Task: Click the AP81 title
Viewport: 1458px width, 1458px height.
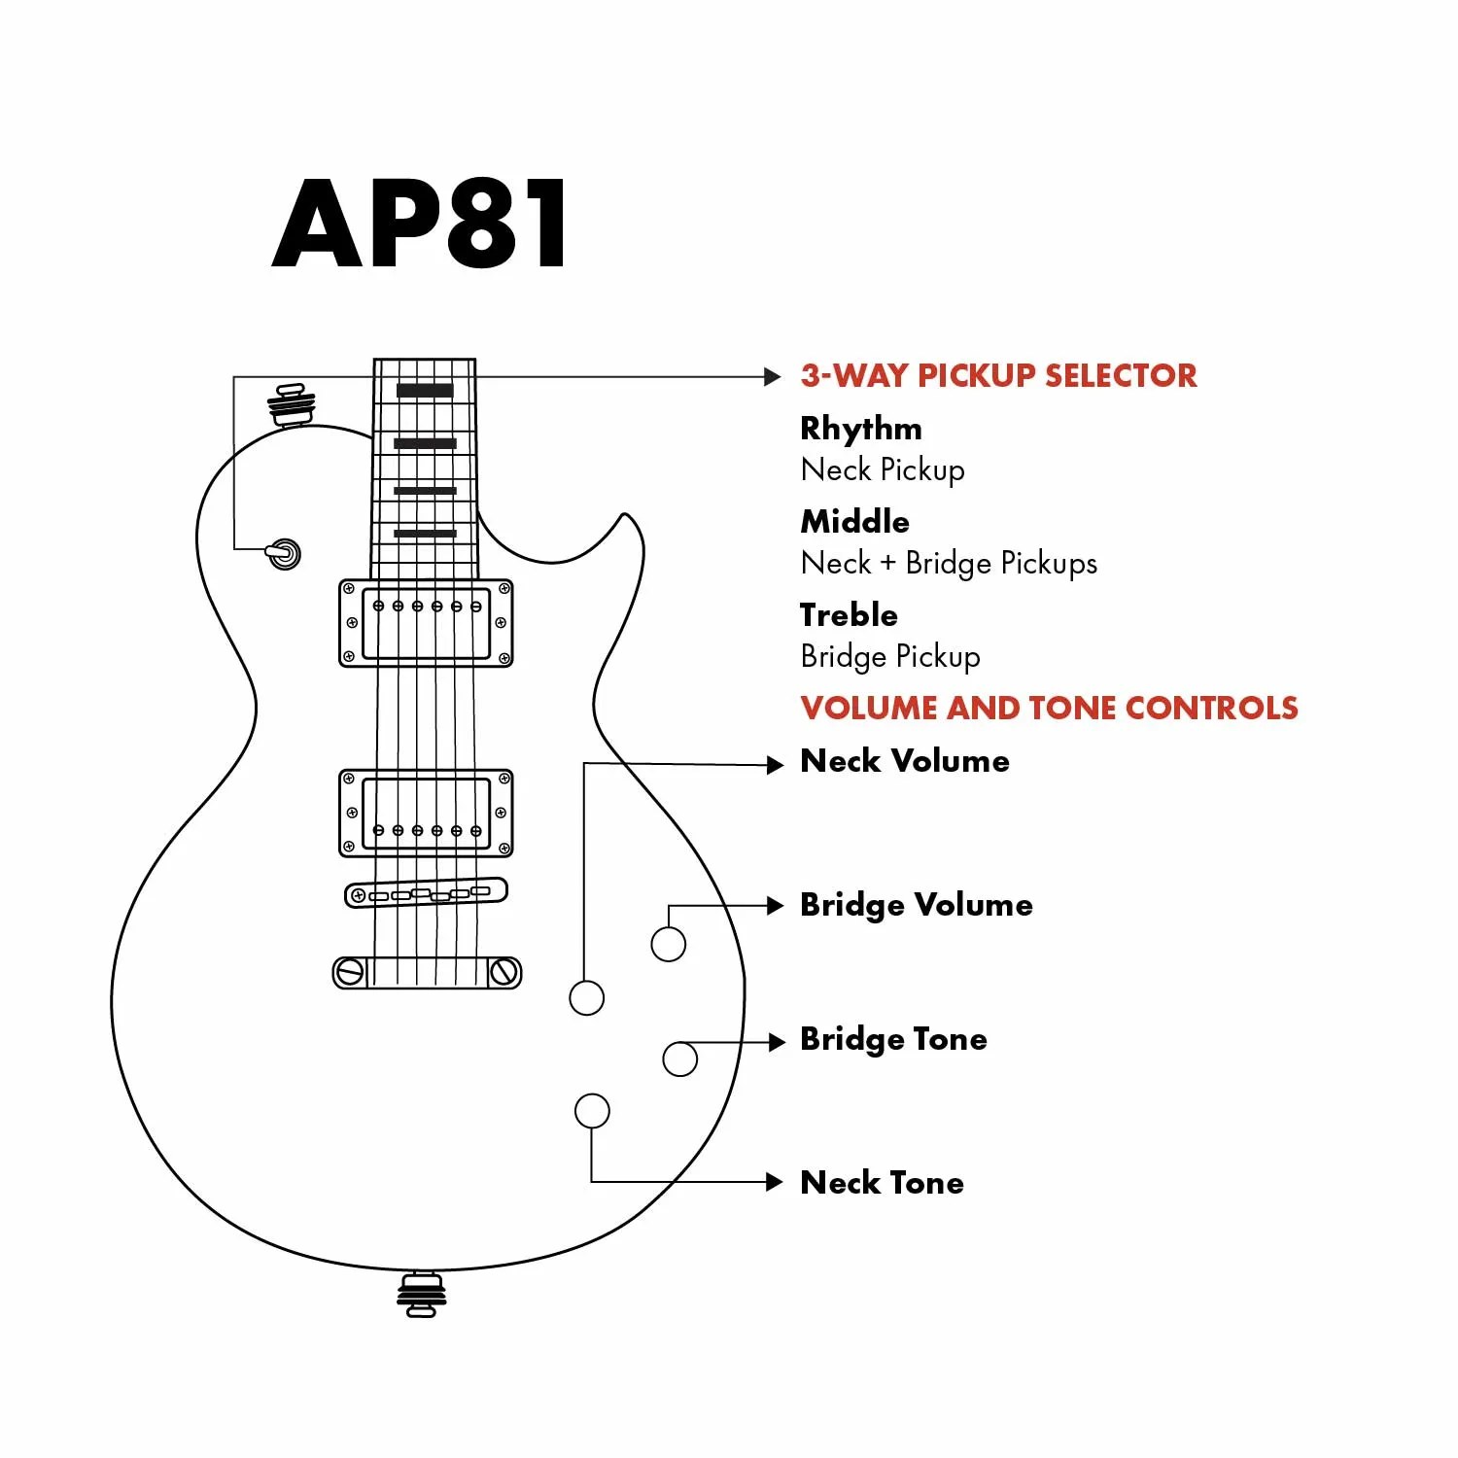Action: tap(420, 224)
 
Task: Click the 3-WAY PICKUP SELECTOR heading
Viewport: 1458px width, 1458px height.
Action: tap(998, 376)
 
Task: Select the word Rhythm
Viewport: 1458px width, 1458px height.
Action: tap(861, 429)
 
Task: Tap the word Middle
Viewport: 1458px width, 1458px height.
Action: tap(855, 522)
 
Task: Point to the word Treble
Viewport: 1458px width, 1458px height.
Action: tap(849, 615)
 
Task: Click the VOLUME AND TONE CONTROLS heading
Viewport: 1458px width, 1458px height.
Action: tap(1049, 708)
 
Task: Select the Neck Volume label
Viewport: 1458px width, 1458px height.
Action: tap(905, 761)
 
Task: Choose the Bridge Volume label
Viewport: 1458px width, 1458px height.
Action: tap(917, 905)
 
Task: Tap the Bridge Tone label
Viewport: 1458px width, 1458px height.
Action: tap(893, 1039)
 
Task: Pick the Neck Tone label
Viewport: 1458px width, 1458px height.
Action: tap(883, 1183)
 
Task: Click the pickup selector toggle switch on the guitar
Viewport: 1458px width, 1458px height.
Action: tap(284, 554)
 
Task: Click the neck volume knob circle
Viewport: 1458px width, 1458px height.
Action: tap(586, 997)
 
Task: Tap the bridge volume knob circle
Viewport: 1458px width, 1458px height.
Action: tap(668, 944)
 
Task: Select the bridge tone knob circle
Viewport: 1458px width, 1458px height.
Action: tap(679, 1059)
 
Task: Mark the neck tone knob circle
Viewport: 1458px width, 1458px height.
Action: tap(592, 1111)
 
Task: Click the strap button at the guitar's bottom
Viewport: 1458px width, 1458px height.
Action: tap(421, 1295)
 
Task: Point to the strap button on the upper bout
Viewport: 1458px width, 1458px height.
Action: tap(292, 404)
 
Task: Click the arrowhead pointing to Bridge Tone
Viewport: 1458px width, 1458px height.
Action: tap(776, 1042)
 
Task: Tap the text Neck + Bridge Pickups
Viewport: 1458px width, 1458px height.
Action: tap(949, 564)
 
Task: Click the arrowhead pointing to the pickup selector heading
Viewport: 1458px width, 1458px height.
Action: tap(773, 377)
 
